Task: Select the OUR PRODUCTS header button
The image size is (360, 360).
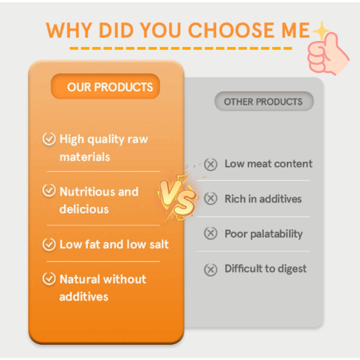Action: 106,86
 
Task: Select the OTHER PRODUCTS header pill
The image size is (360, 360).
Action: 263,101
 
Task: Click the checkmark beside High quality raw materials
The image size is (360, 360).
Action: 49,139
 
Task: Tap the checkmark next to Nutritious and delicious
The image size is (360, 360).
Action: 49,191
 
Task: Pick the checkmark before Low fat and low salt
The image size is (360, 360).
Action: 49,244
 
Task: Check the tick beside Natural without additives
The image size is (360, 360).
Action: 49,279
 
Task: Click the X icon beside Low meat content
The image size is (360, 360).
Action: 211,164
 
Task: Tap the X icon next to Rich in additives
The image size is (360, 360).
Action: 211,199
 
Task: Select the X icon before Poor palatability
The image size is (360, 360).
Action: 211,234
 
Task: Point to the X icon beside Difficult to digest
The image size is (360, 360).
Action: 211,269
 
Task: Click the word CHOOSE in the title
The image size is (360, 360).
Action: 228,30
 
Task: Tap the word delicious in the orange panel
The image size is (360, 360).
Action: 84,209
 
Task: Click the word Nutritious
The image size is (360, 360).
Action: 85,192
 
